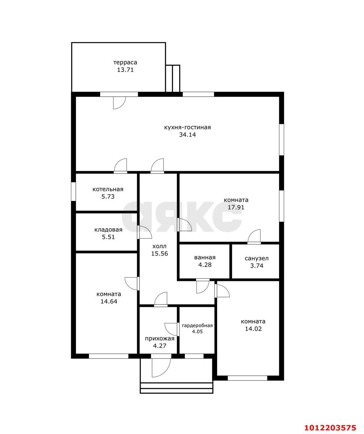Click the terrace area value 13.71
[125, 70]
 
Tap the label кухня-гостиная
[187, 127]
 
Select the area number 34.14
[188, 135]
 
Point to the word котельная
[108, 189]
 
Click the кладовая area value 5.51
[108, 237]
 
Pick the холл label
[159, 246]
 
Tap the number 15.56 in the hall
[159, 254]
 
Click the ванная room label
[205, 258]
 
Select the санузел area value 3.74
[257, 265]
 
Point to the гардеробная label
[197, 325]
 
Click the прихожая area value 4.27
[159, 346]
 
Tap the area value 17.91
[236, 207]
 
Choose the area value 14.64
[109, 301]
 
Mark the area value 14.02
[253, 329]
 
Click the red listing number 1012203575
[330, 426]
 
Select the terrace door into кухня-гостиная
[120, 103]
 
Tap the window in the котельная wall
[73, 192]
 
